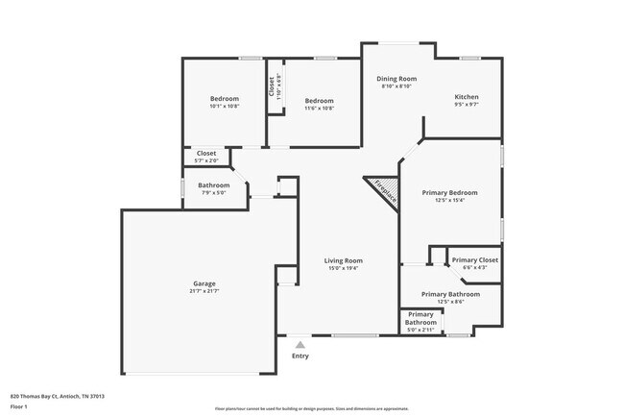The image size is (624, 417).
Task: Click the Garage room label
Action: tap(204, 283)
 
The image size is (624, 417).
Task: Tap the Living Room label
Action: tap(343, 260)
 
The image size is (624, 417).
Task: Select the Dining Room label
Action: tap(396, 79)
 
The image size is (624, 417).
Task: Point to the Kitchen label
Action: tap(467, 97)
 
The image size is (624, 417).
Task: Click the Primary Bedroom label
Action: tap(450, 192)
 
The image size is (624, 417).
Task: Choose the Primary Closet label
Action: tap(475, 260)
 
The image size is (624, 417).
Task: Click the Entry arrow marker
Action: tap(300, 344)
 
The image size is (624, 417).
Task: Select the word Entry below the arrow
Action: tap(300, 356)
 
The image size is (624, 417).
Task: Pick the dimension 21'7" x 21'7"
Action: tap(204, 291)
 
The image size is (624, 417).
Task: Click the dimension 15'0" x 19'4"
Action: tap(343, 268)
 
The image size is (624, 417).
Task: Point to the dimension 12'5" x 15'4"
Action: tap(450, 200)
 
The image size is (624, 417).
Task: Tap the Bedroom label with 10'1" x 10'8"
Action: tap(225, 98)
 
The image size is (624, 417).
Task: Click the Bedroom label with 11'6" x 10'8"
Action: tap(320, 101)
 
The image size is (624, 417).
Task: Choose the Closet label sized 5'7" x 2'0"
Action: tap(206, 154)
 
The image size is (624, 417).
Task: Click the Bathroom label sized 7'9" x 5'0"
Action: tap(214, 185)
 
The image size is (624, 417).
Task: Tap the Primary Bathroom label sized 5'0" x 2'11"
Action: tap(420, 318)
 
